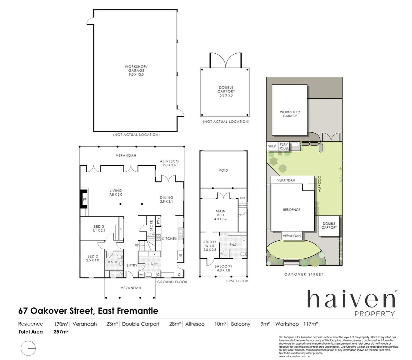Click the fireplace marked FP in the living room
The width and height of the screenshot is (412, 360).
[84, 199]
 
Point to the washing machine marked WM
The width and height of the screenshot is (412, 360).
[141, 275]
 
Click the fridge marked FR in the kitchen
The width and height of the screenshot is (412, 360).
[180, 255]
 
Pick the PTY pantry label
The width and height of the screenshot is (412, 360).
[158, 221]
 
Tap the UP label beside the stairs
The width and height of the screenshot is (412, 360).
[137, 245]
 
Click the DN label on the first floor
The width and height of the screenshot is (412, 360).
[242, 198]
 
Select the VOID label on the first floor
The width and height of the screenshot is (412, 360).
[223, 170]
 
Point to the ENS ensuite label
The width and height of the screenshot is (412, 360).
[233, 245]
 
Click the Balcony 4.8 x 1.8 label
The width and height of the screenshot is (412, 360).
[224, 268]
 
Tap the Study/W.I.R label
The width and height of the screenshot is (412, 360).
[210, 246]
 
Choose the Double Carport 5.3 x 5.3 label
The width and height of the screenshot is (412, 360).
[226, 91]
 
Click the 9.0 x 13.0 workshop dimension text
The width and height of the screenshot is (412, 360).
[136, 74]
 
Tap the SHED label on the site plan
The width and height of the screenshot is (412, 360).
[272, 146]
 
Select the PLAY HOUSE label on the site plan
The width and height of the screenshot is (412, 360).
[284, 146]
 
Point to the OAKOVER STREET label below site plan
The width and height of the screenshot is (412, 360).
[304, 274]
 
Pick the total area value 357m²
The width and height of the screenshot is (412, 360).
[61, 332]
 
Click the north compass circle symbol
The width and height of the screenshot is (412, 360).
[28, 348]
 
